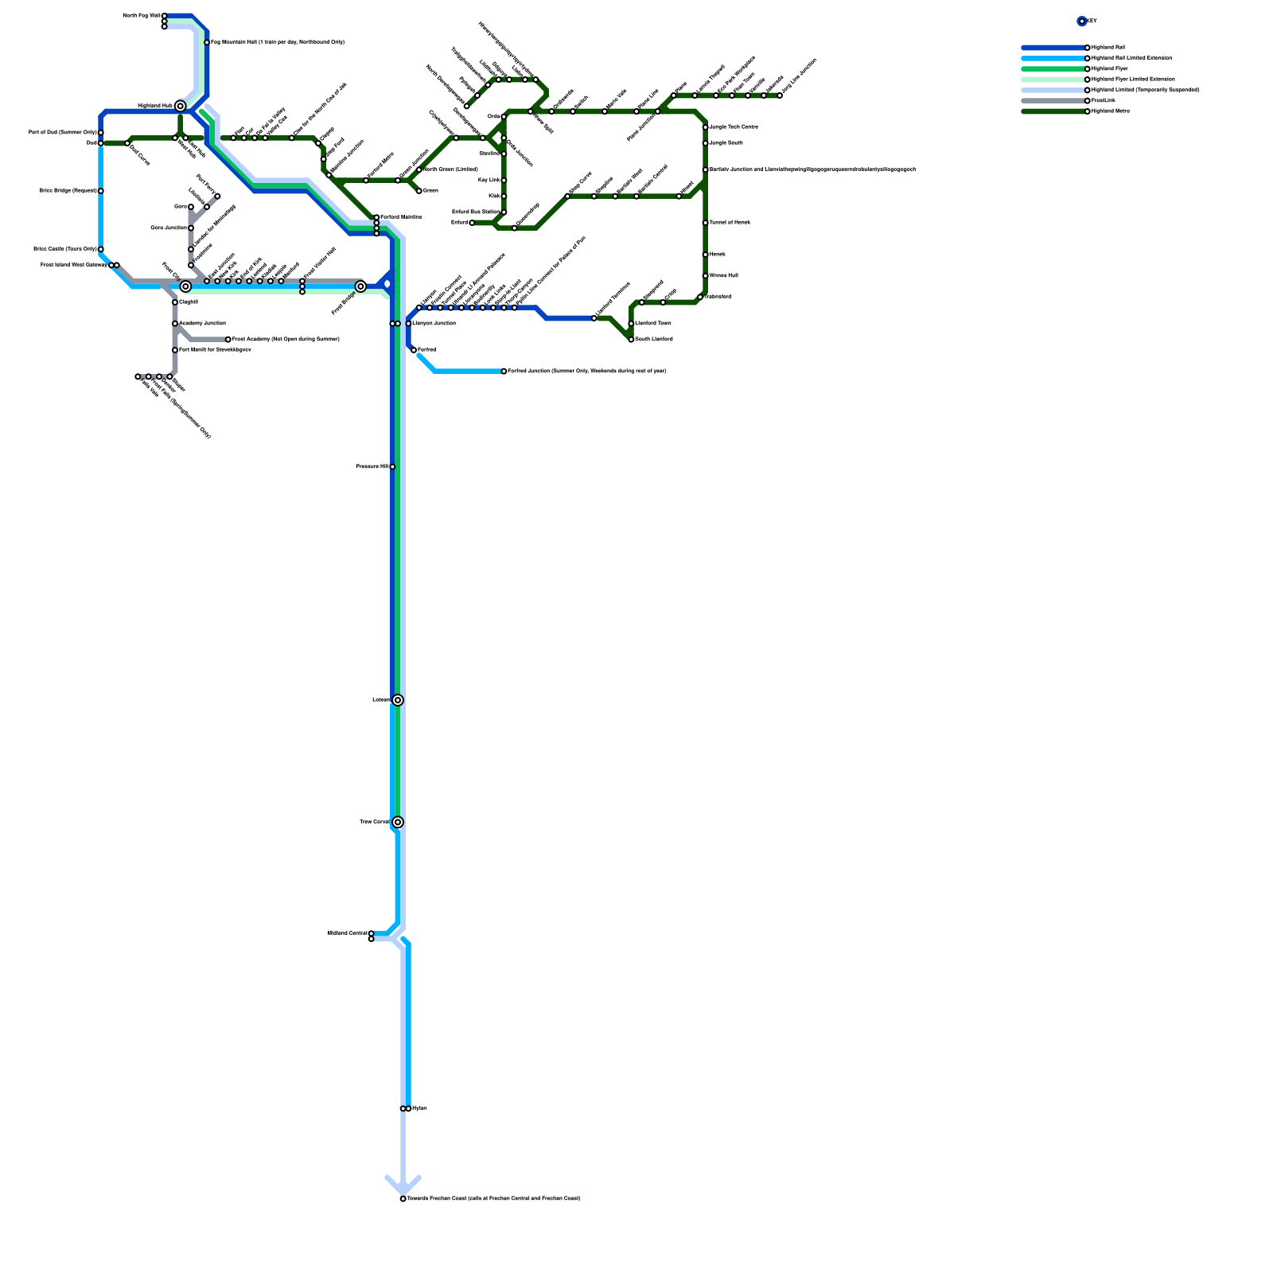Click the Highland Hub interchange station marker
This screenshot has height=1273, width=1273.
[x=181, y=106]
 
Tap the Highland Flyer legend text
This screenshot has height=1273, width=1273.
[x=1110, y=69]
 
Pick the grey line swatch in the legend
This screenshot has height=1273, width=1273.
[x=1054, y=101]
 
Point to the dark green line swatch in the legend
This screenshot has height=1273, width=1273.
[x=1054, y=111]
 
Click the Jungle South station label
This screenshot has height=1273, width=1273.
[x=726, y=143]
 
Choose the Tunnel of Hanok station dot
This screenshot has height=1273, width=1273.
[x=706, y=223]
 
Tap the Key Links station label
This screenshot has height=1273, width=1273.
[x=489, y=181]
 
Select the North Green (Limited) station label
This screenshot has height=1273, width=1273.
[x=450, y=169]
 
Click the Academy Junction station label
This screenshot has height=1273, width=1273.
[x=202, y=324]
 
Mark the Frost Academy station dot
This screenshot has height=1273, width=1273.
[x=228, y=340]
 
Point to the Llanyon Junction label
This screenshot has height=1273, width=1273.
[x=434, y=324]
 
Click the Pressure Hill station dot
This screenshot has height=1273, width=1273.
[x=392, y=467]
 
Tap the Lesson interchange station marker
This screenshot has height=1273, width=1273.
[x=398, y=700]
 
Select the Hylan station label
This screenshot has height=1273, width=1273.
[x=419, y=1108]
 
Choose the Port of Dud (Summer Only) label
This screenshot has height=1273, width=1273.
[x=63, y=132]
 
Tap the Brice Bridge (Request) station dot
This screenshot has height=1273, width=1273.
[x=101, y=191]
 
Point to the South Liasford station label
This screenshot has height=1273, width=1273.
[x=654, y=340]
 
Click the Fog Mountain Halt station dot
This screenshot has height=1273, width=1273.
[x=207, y=42]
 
